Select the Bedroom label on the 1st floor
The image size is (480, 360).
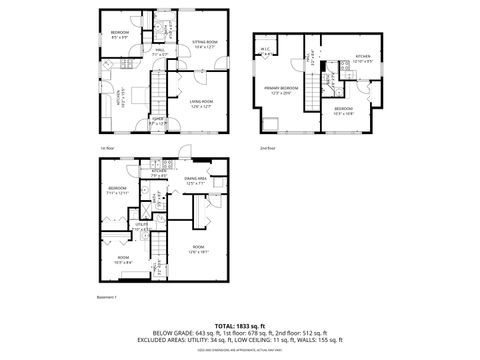pyautogui.click(x=120, y=33)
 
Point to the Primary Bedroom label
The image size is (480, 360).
pyautogui.click(x=282, y=90)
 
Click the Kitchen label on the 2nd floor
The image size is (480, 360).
pyautogui.click(x=363, y=58)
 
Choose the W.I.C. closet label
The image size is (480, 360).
pyautogui.click(x=267, y=51)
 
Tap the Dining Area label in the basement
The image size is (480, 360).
pyautogui.click(x=195, y=180)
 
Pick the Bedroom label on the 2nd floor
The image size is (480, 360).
pyautogui.click(x=343, y=109)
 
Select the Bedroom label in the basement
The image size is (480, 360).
pyautogui.click(x=118, y=190)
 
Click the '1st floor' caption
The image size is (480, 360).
pyautogui.click(x=106, y=148)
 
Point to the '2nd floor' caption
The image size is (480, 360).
pyautogui.click(x=267, y=148)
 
